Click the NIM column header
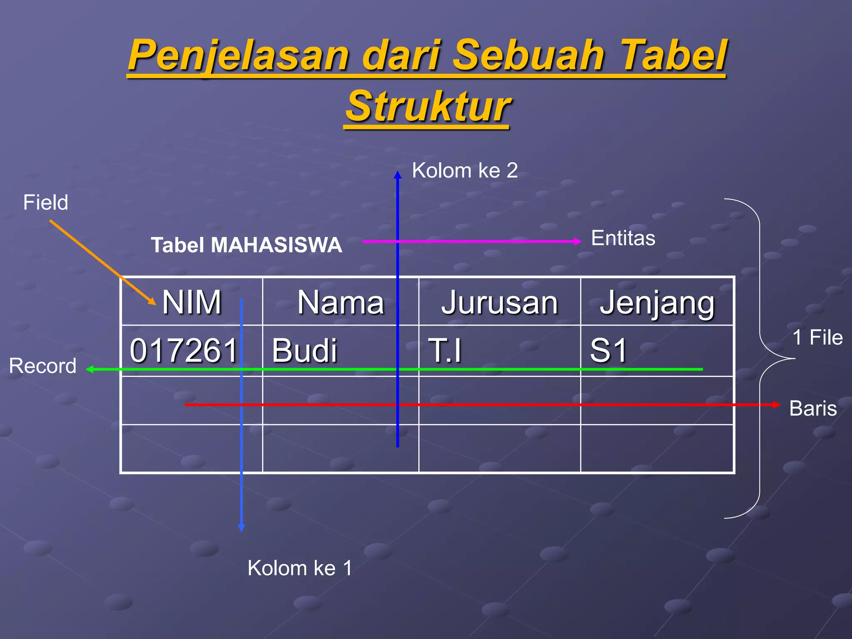coord(192,302)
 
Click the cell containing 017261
coord(183,350)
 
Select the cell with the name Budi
coord(305,350)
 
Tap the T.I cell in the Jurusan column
coord(445,350)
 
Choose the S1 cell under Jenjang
coord(608,350)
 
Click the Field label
coord(45,203)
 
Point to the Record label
coord(43,366)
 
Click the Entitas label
coord(623,238)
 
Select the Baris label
coord(813,408)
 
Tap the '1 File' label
coord(817,337)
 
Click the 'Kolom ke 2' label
coord(465,171)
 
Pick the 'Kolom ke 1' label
coord(300,568)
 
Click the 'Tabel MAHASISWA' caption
coord(246,245)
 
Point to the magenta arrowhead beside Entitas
coord(577,241)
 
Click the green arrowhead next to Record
coord(89,369)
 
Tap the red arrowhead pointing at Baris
coord(776,405)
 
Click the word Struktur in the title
coord(428,106)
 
